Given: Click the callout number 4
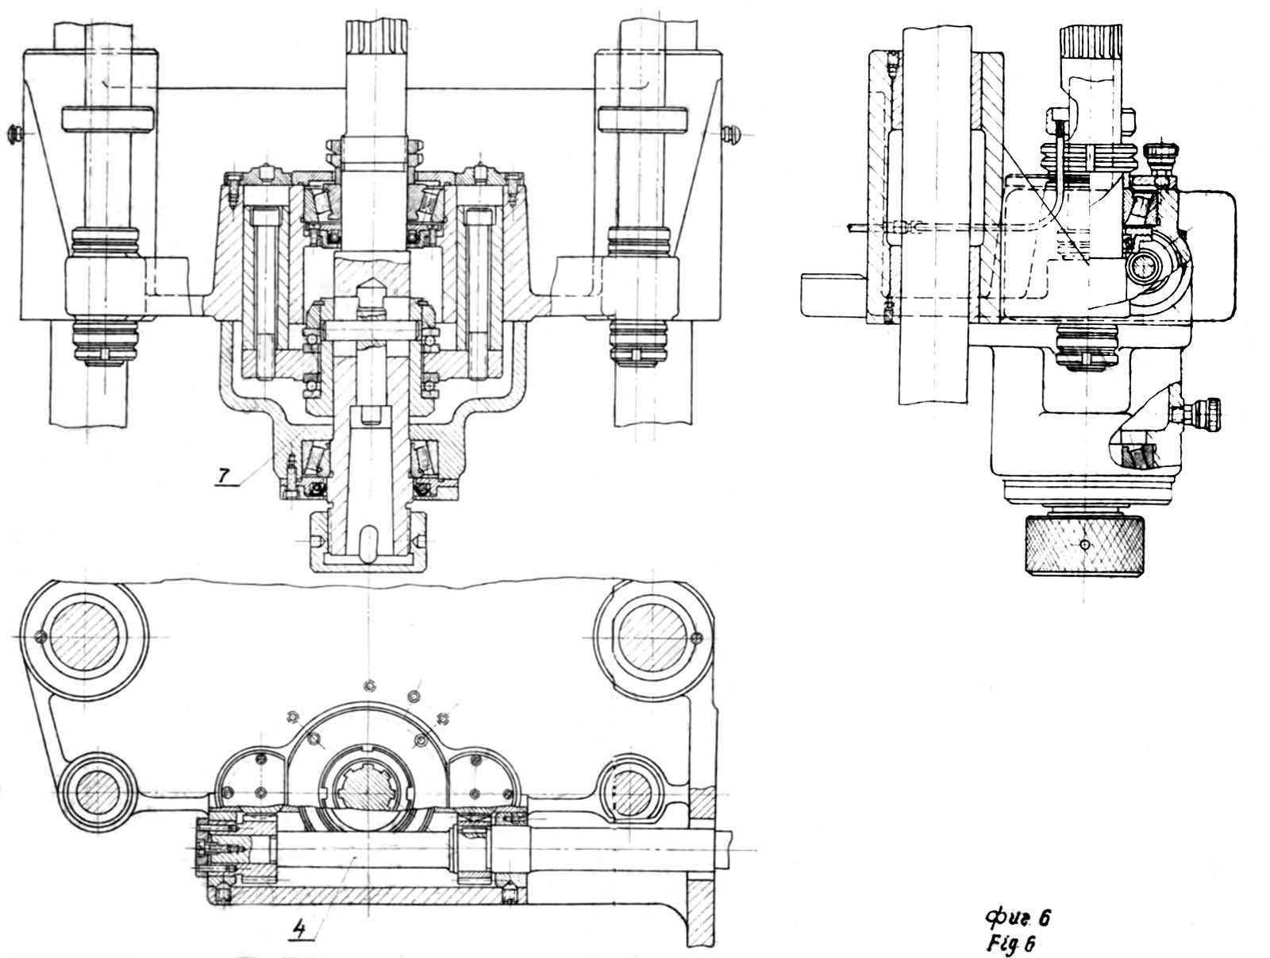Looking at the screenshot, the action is click(x=298, y=927).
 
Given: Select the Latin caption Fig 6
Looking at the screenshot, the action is click(x=1010, y=944).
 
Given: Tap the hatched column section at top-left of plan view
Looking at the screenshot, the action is click(x=84, y=637).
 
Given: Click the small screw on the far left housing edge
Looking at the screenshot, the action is click(x=16, y=134).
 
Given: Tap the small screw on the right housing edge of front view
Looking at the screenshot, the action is click(x=733, y=133).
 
